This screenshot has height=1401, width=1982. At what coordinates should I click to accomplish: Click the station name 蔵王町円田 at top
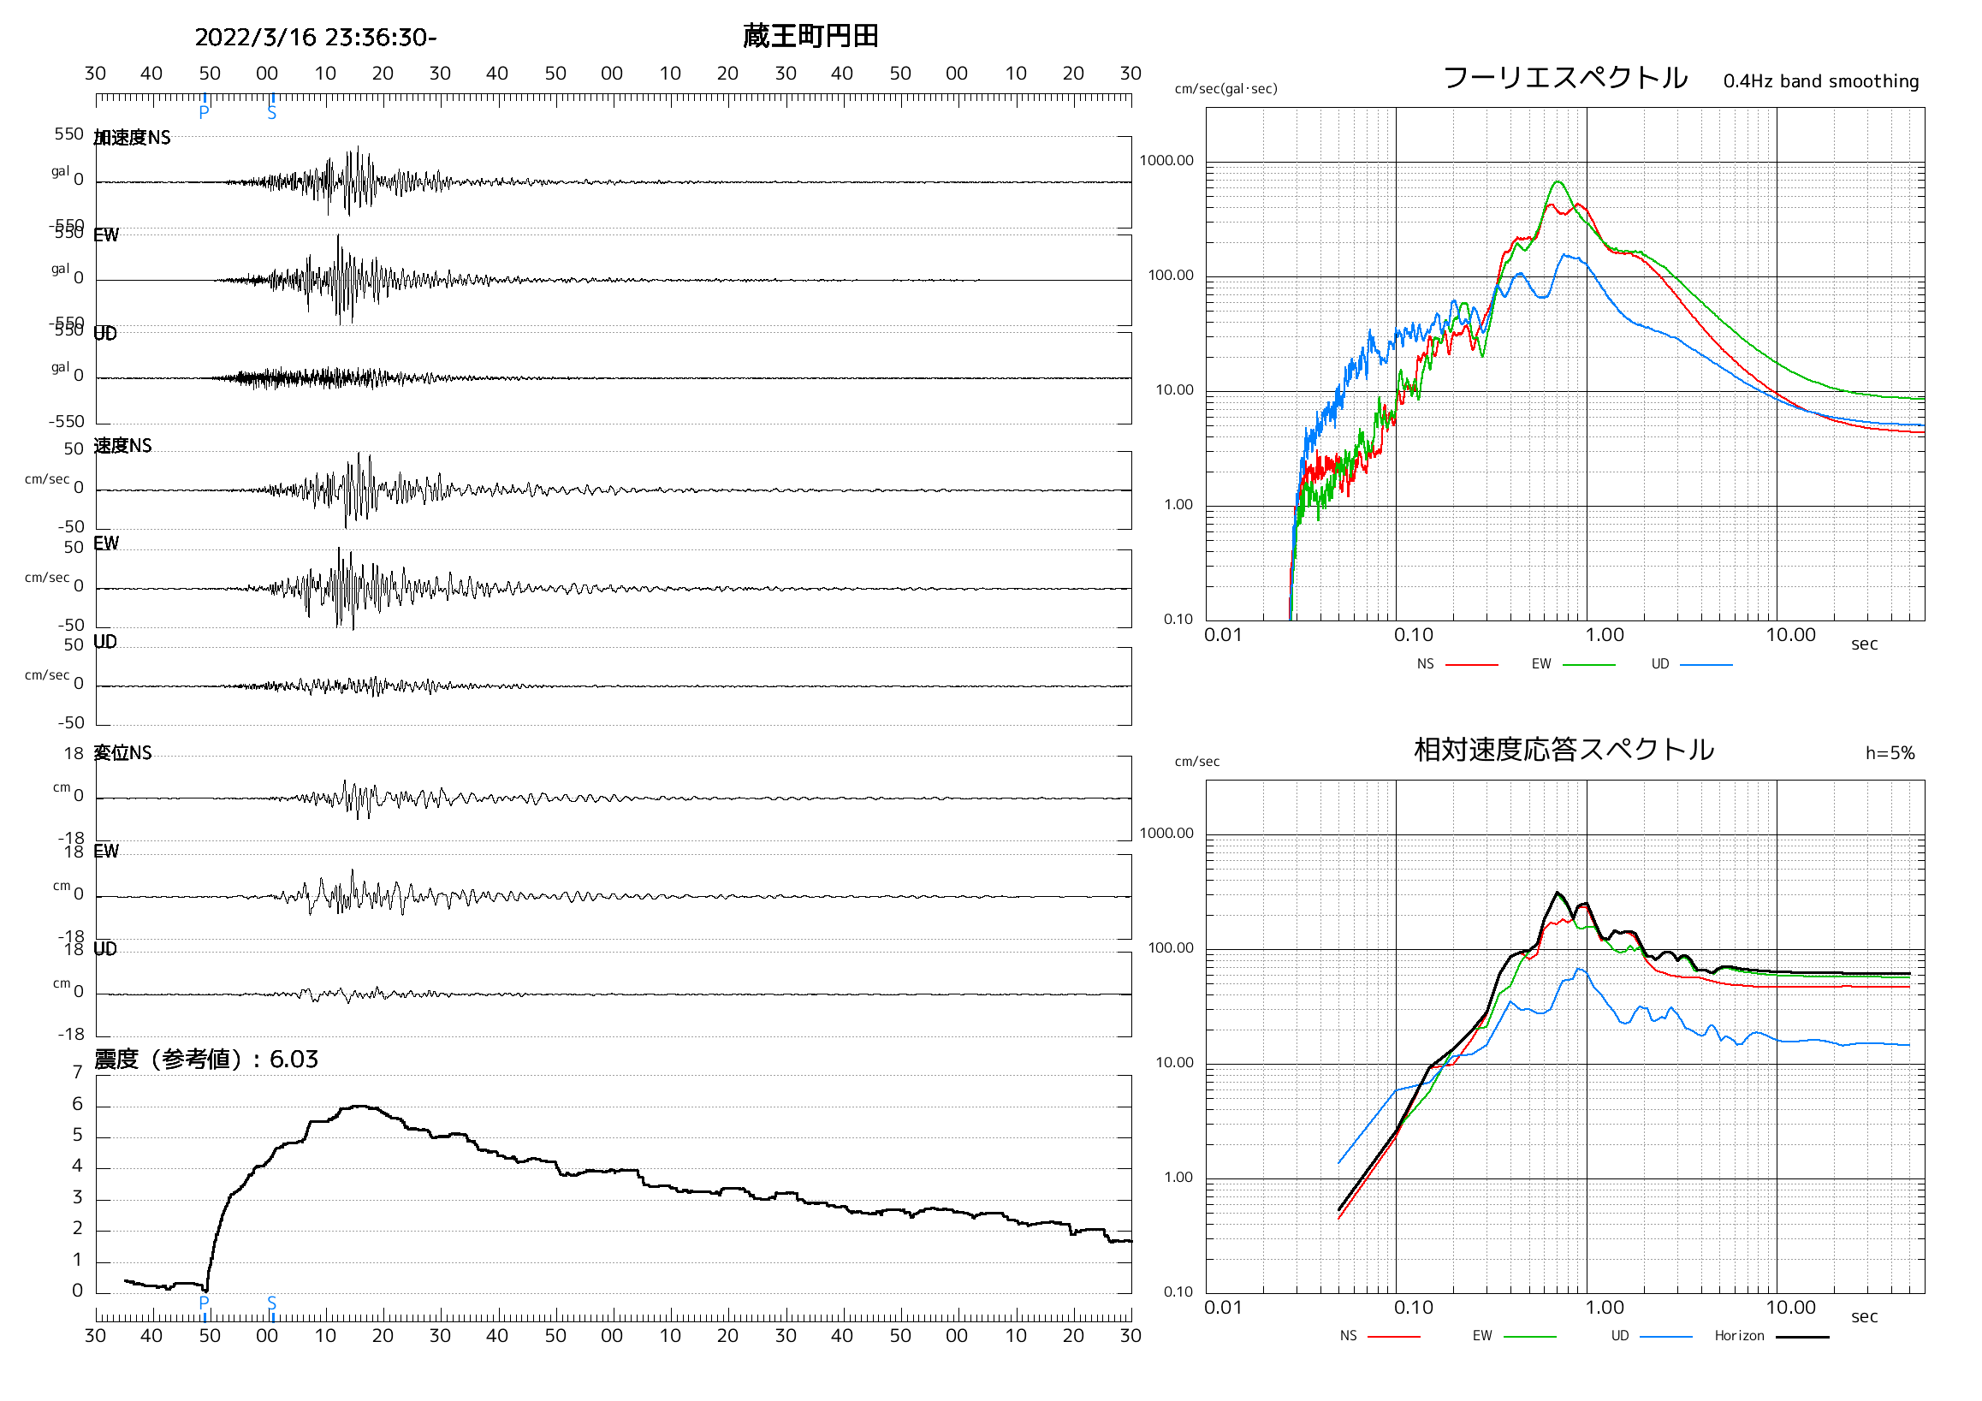point(810,36)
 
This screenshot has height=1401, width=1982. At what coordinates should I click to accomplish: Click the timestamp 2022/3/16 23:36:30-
point(315,38)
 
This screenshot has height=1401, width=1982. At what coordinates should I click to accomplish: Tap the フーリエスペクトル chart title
point(1564,78)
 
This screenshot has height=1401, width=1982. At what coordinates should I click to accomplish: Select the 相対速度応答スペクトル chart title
point(1564,749)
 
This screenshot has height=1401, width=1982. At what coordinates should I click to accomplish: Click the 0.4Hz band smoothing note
point(1820,81)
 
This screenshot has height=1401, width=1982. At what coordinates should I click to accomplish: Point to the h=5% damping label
point(1890,753)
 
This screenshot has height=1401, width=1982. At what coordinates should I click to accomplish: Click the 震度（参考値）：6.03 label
point(206,1060)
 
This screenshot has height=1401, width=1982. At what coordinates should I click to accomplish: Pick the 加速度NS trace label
point(132,138)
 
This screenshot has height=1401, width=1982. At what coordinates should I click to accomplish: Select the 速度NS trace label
point(122,445)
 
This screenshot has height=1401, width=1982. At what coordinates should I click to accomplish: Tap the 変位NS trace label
point(122,753)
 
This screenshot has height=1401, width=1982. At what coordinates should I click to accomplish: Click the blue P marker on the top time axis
point(204,112)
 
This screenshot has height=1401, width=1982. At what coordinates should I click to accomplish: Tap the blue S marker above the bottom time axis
point(272,1303)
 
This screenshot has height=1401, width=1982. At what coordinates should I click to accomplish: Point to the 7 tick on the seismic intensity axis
point(78,1073)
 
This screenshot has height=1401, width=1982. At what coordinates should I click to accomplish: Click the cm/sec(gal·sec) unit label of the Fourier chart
point(1225,89)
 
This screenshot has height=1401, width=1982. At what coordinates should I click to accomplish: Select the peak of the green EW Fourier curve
point(1558,181)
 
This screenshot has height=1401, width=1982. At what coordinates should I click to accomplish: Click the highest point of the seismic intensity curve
point(361,1106)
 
